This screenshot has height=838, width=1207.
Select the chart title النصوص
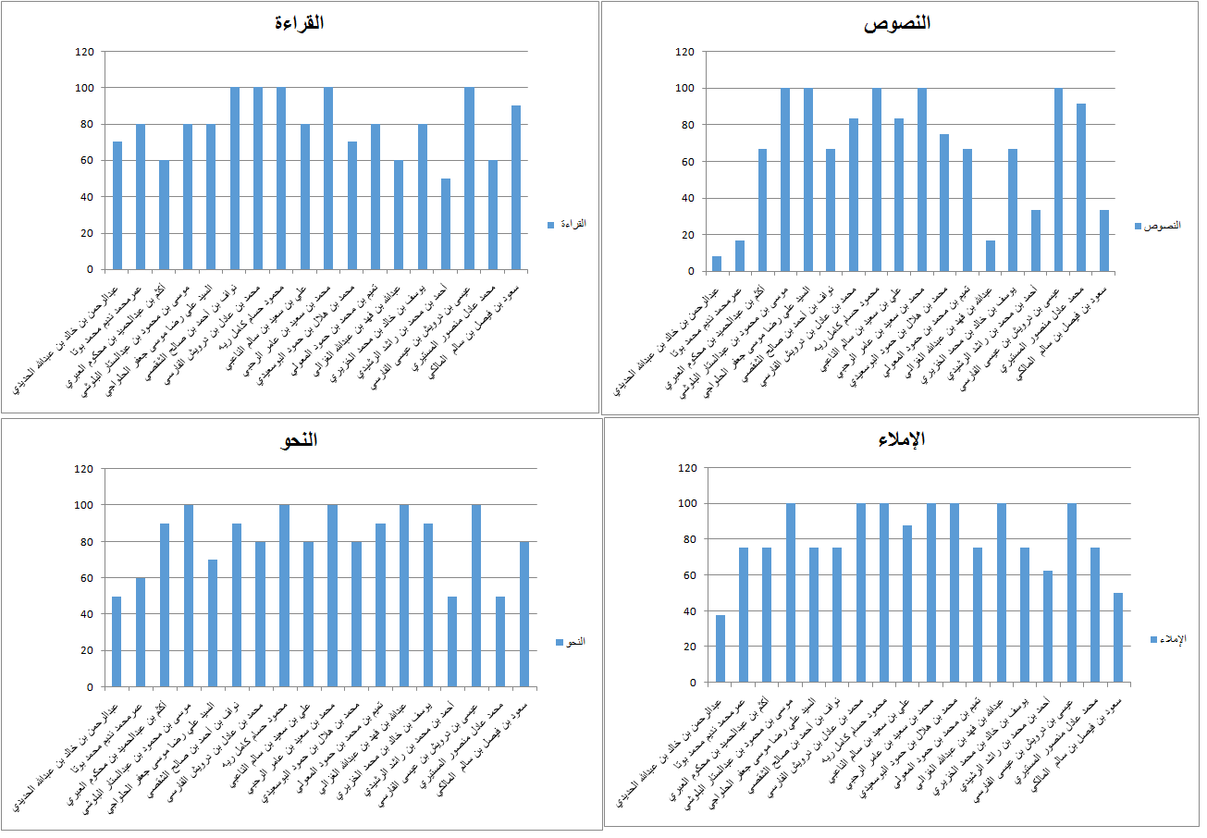(897, 23)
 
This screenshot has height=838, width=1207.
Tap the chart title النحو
(299, 440)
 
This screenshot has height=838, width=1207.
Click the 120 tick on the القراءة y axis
(85, 52)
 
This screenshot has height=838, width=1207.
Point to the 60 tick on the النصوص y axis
(685, 161)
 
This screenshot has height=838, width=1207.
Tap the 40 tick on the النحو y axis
(87, 614)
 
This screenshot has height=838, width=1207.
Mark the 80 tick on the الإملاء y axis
(688, 539)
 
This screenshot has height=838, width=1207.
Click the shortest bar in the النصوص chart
(717, 264)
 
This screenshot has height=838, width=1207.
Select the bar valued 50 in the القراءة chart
(446, 224)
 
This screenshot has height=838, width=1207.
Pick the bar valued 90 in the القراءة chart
(516, 188)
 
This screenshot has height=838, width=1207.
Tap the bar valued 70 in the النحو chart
(212, 622)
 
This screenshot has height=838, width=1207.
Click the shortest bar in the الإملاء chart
(721, 648)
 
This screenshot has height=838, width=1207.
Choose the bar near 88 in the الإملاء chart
(907, 604)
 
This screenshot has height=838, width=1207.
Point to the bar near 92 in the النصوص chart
(1081, 187)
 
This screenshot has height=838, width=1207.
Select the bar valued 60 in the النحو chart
(141, 632)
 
